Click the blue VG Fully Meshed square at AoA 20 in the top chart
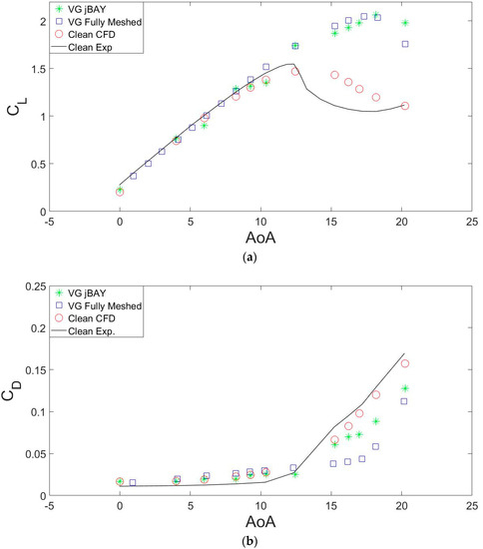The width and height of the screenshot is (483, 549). point(404,44)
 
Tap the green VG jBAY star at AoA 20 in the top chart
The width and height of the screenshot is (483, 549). point(404,23)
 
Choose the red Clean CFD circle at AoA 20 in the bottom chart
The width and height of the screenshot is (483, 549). point(404,363)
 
